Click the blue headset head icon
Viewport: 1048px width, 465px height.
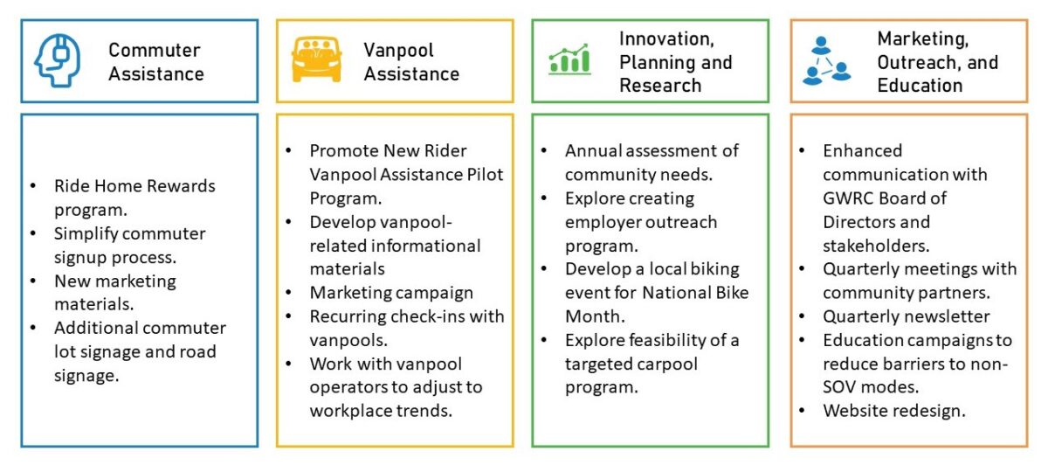click(57, 60)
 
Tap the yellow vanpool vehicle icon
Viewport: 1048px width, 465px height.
click(316, 59)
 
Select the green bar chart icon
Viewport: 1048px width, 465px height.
click(569, 59)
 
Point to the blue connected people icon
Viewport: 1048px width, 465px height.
click(826, 61)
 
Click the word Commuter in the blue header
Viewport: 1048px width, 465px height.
click(155, 50)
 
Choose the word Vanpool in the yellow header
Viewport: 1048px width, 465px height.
click(398, 50)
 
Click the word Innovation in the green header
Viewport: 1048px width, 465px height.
click(666, 38)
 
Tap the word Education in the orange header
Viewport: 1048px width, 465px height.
click(920, 86)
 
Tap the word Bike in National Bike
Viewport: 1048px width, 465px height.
click(731, 293)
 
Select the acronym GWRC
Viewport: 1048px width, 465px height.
click(846, 198)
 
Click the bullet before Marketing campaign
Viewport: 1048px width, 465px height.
click(289, 293)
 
